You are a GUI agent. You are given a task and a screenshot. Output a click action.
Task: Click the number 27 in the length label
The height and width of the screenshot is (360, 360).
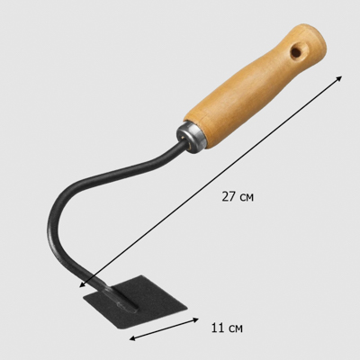[x=229, y=196]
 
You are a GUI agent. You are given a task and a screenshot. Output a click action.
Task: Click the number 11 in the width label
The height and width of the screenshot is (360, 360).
[x=219, y=328]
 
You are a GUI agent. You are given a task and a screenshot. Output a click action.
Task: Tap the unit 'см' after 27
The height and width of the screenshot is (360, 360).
[x=247, y=198]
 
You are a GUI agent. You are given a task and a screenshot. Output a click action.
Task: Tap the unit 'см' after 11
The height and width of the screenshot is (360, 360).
[x=236, y=328]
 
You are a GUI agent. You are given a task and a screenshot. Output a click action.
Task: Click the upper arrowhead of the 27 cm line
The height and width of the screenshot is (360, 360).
[x=339, y=78]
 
